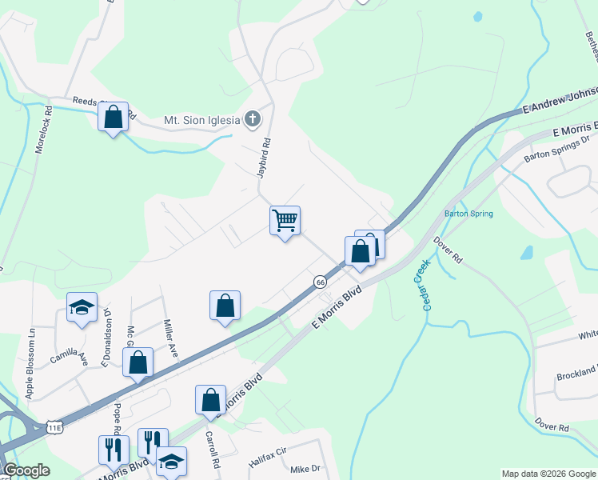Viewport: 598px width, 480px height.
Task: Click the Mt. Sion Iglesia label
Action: click(201, 121)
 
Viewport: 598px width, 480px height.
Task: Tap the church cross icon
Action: click(253, 121)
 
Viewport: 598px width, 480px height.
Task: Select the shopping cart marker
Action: click(285, 220)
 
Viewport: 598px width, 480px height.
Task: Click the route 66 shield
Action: click(320, 282)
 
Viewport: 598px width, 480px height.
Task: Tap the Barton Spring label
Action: click(468, 214)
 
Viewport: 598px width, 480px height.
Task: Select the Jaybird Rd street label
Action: click(266, 156)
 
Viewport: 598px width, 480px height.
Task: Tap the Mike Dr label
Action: click(305, 469)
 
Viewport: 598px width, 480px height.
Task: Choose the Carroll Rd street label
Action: click(213, 451)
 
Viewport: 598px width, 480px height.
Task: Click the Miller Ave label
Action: click(169, 340)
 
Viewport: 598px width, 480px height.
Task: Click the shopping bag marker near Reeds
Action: click(114, 117)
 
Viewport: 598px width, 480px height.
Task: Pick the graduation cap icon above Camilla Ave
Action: click(81, 308)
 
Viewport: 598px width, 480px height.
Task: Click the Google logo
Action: click(26, 471)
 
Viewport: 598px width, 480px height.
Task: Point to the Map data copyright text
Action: click(547, 474)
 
